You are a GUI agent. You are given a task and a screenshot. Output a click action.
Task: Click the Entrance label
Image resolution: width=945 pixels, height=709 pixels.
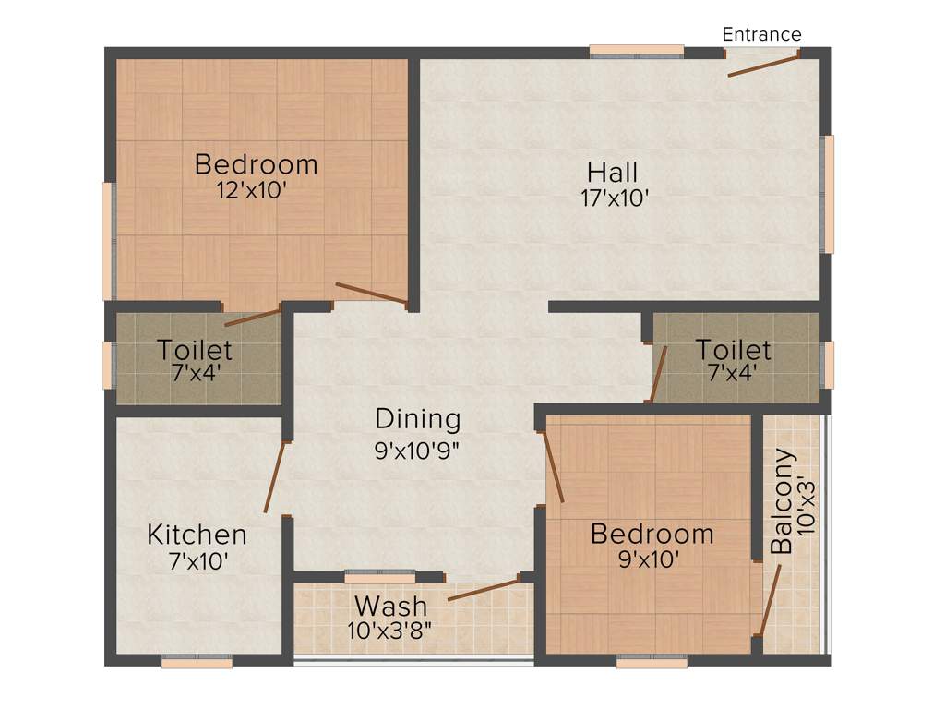(761, 35)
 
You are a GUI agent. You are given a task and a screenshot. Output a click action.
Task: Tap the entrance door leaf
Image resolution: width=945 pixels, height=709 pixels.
(763, 66)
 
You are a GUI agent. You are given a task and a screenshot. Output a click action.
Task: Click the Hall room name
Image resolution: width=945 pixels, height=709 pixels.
(613, 173)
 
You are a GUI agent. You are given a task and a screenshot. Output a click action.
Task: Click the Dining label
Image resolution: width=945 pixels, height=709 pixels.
(417, 419)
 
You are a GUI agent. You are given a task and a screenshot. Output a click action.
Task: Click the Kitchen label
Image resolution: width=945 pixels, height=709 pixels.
(197, 535)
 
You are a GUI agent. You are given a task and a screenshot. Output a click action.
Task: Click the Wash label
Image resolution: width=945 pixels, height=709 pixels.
(391, 607)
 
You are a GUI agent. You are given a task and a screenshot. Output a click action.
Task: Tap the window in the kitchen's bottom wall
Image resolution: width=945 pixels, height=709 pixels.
(197, 661)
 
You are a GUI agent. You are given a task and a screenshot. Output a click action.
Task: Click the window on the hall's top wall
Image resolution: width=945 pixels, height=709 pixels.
(637, 52)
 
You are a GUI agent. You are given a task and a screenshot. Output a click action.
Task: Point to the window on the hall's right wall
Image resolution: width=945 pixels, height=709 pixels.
(828, 194)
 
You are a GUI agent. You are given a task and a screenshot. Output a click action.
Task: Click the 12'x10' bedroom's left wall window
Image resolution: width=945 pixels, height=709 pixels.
(108, 240)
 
